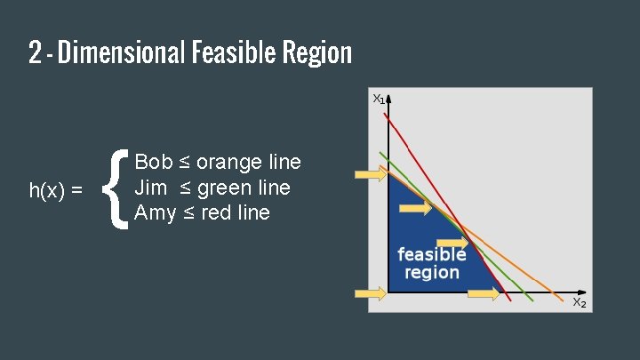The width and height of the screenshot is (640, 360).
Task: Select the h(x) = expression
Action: pyautogui.click(x=56, y=190)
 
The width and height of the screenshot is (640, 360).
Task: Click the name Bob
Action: pyautogui.click(x=153, y=163)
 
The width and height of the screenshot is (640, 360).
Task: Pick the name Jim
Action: pyautogui.click(x=149, y=188)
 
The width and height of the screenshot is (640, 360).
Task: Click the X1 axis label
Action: pyautogui.click(x=378, y=99)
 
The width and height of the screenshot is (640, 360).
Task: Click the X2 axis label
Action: pyautogui.click(x=578, y=303)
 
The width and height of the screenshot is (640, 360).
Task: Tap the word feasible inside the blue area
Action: pyautogui.click(x=431, y=254)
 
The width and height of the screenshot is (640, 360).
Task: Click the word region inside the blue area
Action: pyautogui.click(x=431, y=272)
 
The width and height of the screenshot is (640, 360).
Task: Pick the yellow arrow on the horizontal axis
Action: pyautogui.click(x=484, y=293)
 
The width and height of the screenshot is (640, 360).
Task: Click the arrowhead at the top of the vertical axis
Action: pyautogui.click(x=389, y=99)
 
